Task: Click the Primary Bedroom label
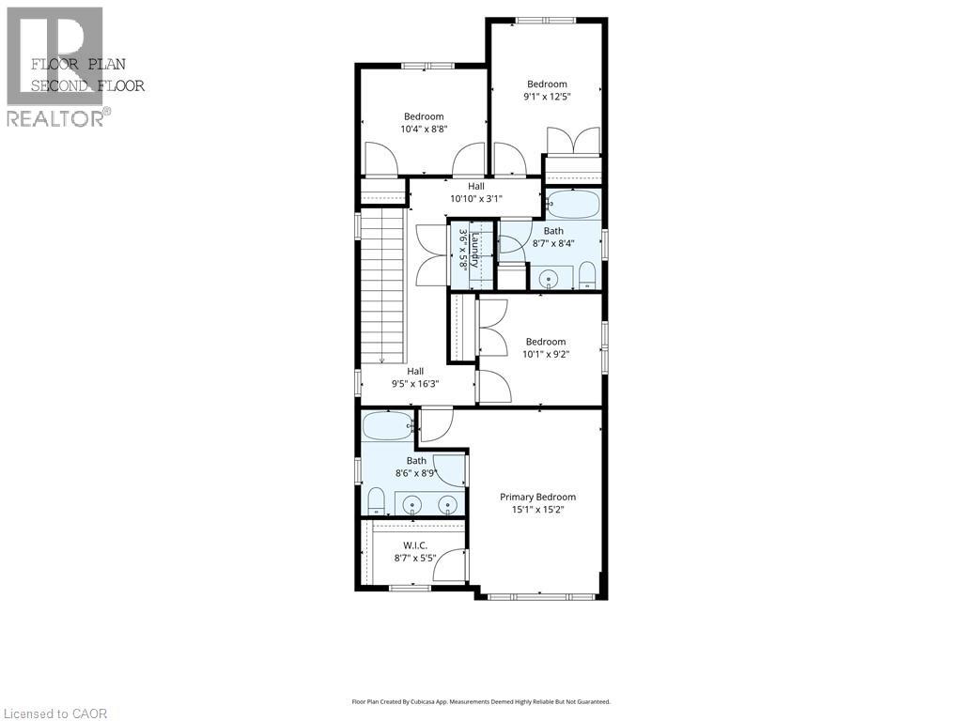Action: coord(537,497)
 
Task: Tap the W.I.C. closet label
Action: coord(415,545)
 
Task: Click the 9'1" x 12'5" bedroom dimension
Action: coord(547,96)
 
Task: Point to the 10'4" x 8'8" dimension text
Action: coord(424,129)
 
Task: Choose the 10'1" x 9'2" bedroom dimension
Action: coord(546,354)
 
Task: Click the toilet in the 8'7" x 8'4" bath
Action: coord(586,275)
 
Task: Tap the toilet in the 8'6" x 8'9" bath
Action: coord(376,499)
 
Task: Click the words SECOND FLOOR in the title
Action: coord(88,85)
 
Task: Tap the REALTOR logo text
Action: coord(56,118)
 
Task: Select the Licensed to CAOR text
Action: coord(55,713)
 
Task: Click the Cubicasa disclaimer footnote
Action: coord(481,701)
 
